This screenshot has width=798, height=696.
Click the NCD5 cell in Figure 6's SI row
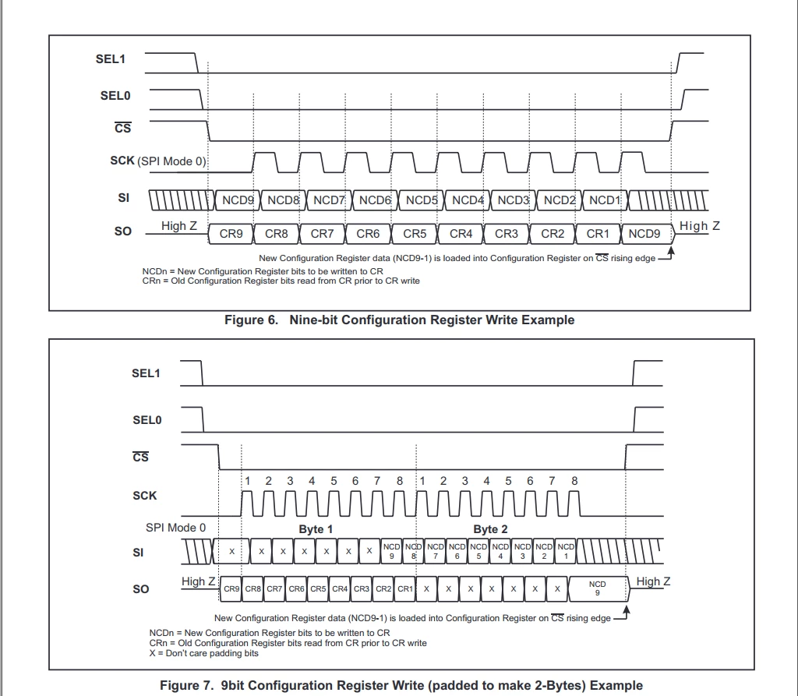422,200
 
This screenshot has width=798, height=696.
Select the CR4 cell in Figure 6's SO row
461,234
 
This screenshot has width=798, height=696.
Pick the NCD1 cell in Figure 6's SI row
605,200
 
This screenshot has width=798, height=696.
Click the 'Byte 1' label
316,529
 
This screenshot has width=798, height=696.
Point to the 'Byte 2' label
490,529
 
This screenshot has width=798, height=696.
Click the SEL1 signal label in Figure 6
111,59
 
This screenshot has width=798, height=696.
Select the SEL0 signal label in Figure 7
147,420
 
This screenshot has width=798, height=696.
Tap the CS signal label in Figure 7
140,457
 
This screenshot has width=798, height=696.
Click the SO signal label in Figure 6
123,231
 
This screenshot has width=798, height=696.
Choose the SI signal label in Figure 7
138,553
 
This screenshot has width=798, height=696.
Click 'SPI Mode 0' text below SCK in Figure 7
175,528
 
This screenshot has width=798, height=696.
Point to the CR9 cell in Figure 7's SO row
231,588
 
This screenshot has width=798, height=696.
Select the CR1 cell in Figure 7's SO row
405,588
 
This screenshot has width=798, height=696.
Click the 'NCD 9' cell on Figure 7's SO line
598,588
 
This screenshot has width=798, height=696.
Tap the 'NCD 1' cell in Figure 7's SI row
566,551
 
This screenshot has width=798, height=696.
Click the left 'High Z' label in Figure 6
179,225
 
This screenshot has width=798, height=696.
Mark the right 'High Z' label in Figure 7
653,581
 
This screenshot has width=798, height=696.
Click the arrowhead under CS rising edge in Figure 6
671,250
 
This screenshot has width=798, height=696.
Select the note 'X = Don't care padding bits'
203,653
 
